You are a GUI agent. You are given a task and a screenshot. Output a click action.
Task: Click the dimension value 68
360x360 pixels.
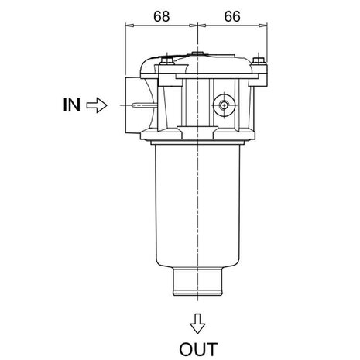(x=162, y=16)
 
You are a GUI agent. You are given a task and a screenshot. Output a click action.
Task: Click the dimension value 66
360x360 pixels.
(x=232, y=16)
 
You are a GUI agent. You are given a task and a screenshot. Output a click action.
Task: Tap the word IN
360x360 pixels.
(x=71, y=105)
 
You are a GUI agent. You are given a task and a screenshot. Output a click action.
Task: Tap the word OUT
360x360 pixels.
(x=198, y=349)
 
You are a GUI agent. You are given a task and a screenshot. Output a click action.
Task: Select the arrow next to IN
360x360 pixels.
(x=97, y=105)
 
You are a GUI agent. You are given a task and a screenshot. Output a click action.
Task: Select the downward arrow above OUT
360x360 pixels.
(x=197, y=324)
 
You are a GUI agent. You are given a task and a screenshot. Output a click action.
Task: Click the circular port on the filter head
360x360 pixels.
(x=224, y=105)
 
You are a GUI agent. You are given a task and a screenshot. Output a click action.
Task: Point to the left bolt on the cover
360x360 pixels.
(x=167, y=61)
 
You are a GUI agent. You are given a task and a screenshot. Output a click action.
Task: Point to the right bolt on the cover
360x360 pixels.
(x=259, y=60)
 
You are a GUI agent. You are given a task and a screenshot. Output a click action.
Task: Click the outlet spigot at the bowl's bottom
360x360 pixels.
(x=197, y=281)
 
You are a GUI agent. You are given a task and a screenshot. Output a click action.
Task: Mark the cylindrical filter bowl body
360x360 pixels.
(x=197, y=206)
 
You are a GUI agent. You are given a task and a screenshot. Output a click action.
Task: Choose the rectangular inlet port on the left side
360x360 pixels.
(x=133, y=105)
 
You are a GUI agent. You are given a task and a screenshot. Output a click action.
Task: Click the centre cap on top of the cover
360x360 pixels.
(x=197, y=53)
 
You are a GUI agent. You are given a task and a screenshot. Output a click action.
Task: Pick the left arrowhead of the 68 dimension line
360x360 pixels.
(x=130, y=26)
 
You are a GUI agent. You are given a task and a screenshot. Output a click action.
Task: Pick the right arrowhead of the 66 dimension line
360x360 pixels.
(x=263, y=26)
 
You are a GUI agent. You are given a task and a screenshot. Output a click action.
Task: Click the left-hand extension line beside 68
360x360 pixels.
(x=125, y=50)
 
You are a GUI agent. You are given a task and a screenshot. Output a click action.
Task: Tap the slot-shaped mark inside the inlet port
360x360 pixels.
(x=144, y=105)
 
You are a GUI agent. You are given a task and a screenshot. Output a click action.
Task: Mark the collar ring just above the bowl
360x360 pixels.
(x=197, y=142)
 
